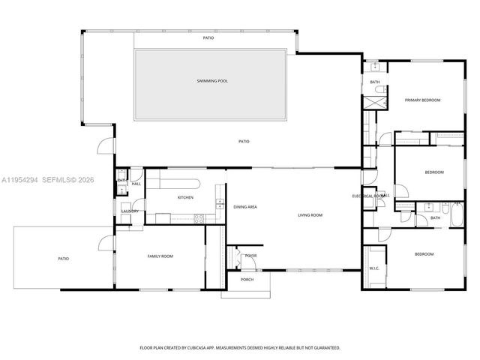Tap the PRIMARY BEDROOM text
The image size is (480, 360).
pos(422,100)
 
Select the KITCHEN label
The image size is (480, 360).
pos(185,197)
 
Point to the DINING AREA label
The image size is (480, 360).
pos(245,206)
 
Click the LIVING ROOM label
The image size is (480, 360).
pos(310,215)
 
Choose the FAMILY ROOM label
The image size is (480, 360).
pos(160,256)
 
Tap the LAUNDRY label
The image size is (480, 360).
pos(130,211)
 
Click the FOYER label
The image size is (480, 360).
pos(250,256)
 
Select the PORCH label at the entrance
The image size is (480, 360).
pos(247,280)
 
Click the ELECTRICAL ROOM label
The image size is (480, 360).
pos(368,196)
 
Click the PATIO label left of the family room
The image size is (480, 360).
pos(64,259)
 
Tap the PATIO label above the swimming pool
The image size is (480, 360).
pos(208,37)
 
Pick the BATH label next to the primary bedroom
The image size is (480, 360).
pos(374,82)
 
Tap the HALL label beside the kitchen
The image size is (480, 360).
pos(136,184)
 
